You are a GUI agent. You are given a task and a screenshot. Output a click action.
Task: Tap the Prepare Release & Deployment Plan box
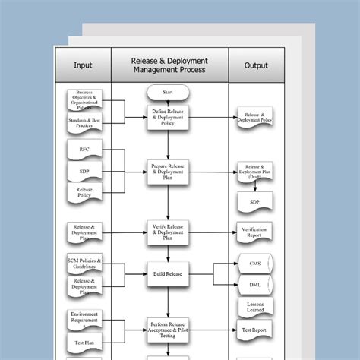(x=169, y=172)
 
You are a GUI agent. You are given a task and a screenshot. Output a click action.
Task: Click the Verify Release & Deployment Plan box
(x=169, y=230)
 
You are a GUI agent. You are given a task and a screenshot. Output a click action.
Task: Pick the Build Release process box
(x=169, y=272)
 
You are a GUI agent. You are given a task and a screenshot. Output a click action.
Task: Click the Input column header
(x=83, y=65)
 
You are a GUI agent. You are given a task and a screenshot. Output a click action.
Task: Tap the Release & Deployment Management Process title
(x=169, y=65)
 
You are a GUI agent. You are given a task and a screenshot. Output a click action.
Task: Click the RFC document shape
(x=84, y=150)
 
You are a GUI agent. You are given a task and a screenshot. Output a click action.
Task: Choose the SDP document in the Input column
(x=84, y=171)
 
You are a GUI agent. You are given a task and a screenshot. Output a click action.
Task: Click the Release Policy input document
(x=84, y=193)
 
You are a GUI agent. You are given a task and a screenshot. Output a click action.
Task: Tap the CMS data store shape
(x=254, y=264)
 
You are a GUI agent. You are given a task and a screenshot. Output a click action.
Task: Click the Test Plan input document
(x=84, y=343)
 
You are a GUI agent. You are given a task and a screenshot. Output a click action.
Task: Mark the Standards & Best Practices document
(x=84, y=123)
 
